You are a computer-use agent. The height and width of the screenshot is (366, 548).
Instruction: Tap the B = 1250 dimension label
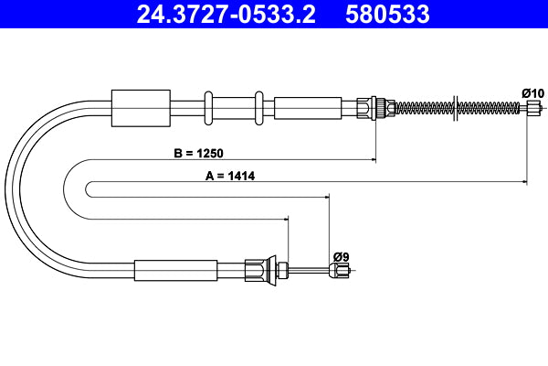pos(197,153)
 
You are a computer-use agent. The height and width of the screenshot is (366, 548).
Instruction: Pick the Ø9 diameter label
pos(340,256)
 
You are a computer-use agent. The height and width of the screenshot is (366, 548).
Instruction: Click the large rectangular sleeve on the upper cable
pos(140,108)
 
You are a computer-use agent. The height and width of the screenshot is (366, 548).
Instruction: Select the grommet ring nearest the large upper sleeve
pos(209,108)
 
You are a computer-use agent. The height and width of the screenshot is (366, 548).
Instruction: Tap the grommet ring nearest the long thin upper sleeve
pos(259,108)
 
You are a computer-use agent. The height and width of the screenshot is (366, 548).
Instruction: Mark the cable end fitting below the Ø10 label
pos(534,108)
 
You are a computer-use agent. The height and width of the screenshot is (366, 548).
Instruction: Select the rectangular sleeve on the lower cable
pos(175,270)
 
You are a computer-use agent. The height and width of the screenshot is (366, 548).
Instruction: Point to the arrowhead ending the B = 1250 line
pos(374,161)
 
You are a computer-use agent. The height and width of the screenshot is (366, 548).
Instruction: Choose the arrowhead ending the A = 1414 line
pos(525,183)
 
